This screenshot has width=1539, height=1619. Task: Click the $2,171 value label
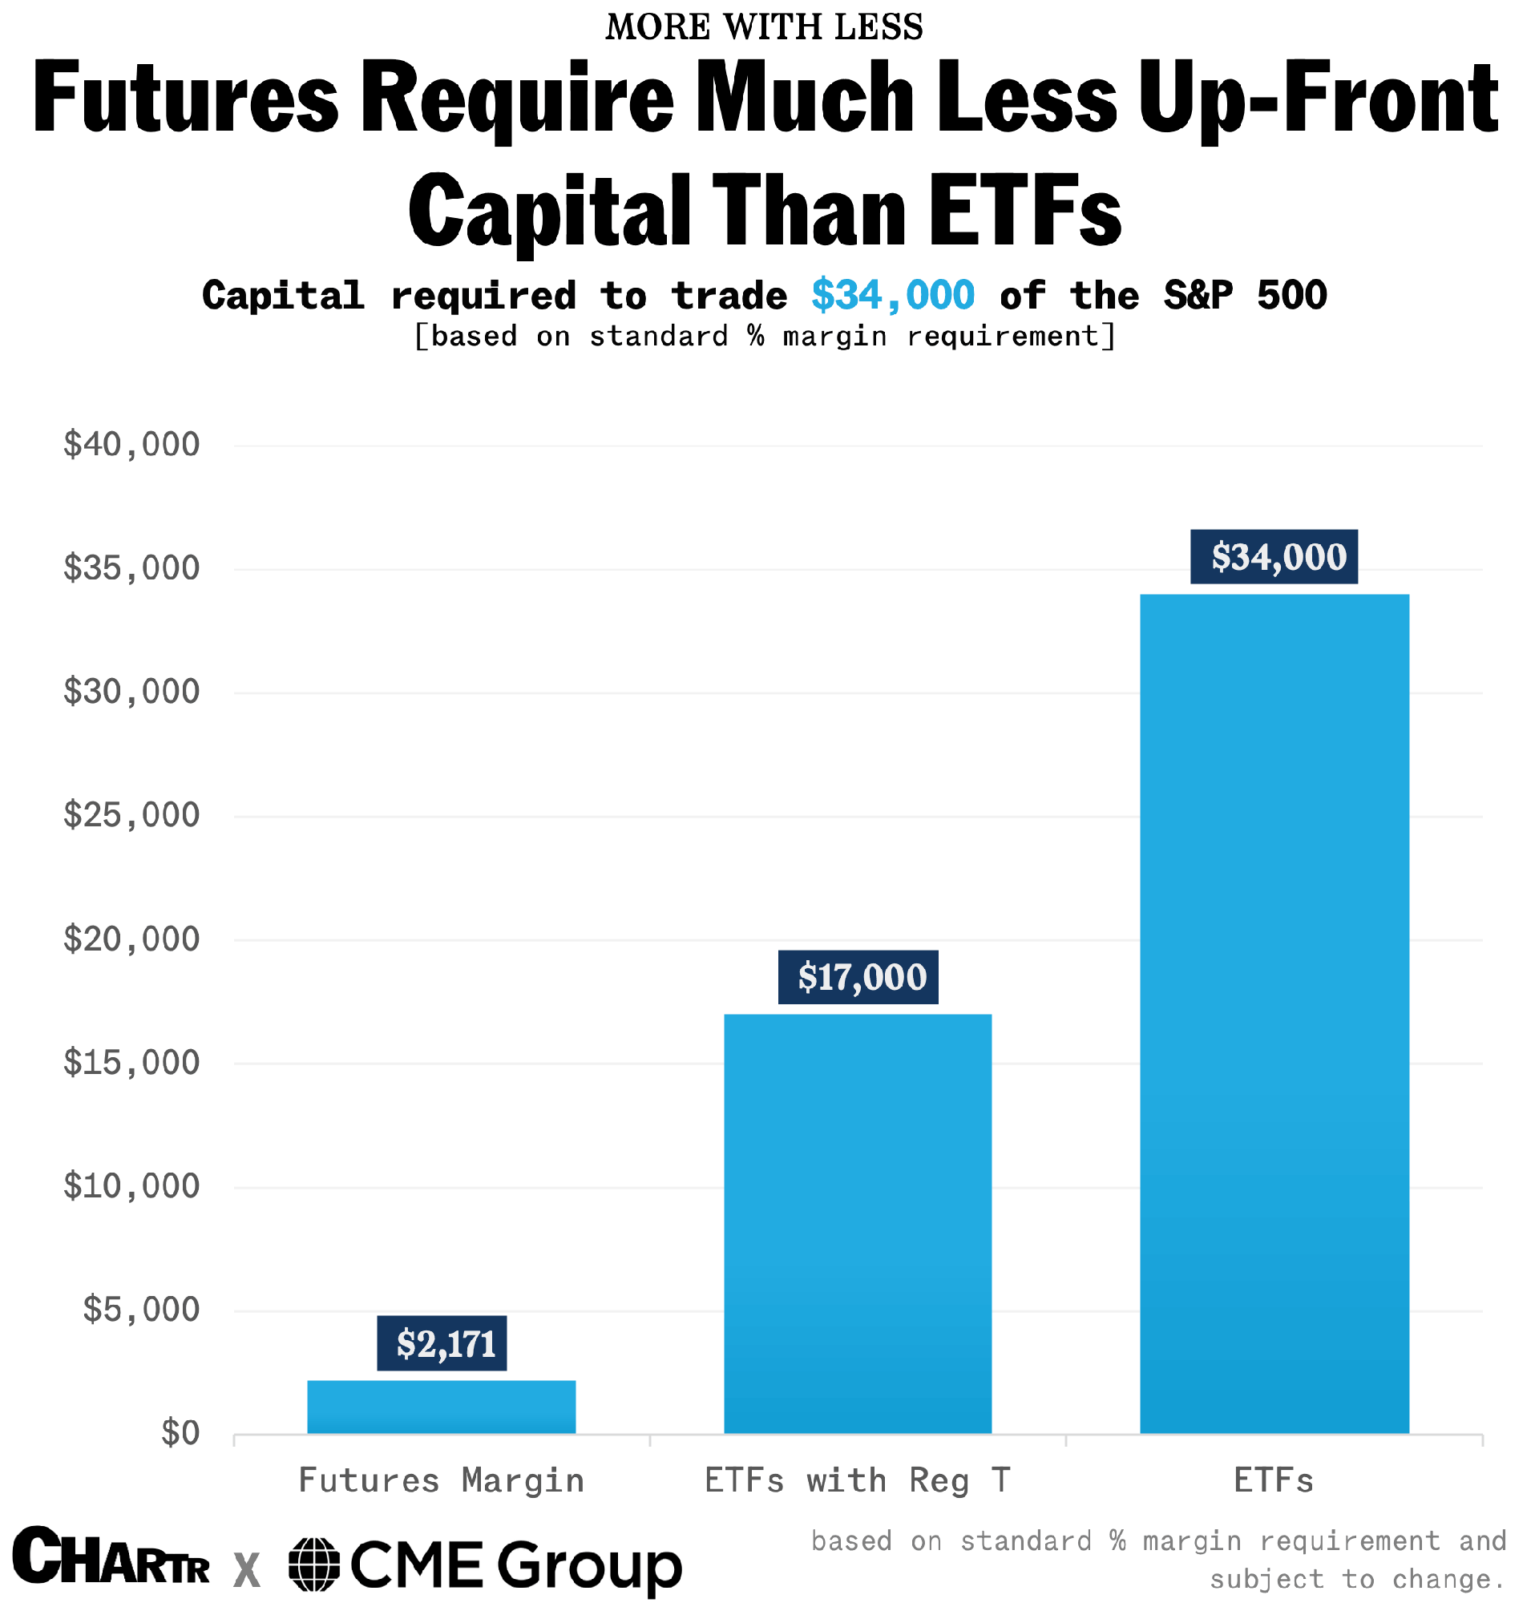442,1343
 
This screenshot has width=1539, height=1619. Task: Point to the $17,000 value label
858,977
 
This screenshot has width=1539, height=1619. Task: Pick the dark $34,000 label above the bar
1274,557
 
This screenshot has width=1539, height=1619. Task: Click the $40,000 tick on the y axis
131,445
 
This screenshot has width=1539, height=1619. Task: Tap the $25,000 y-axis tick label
131,815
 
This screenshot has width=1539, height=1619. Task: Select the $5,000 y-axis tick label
141,1310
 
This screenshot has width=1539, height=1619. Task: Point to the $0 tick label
180,1433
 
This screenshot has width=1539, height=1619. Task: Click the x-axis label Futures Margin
442,1481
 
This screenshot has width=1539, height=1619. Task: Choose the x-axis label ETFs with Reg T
858,1481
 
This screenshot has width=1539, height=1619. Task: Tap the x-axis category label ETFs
1274,1481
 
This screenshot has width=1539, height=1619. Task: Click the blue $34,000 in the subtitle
893,295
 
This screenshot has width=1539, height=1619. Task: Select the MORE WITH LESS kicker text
765,27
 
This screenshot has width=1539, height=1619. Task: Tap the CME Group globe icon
314,1564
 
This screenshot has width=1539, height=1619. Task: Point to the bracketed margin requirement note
765,337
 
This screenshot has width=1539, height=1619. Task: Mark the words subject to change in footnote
1358,1580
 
